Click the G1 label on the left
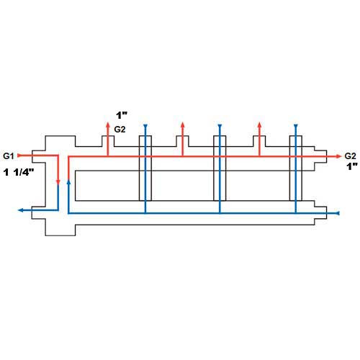coord(9,156)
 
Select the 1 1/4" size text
coord(19,172)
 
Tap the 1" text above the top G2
coord(122,115)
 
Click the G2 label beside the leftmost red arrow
coord(120,130)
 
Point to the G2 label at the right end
coord(350,156)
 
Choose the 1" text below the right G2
coord(352,166)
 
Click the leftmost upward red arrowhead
coord(108,125)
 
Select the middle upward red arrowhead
coord(182,125)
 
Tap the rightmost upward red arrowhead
coord(259,125)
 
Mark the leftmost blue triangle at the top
coord(145,126)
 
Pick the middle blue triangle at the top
coord(220,126)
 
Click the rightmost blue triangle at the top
coord(296,126)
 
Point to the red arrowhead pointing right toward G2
coord(338,156)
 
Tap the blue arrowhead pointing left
coord(21,210)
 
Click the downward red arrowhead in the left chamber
coord(58,182)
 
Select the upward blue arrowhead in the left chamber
coord(68,181)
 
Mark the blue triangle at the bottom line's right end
coord(338,213)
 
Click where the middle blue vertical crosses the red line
coord(220,156)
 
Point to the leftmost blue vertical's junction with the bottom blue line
coord(145,213)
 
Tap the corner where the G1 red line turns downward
coord(58,156)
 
